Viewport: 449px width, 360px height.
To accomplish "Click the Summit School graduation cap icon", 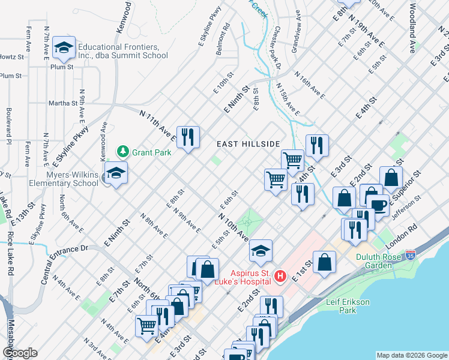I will (63, 47).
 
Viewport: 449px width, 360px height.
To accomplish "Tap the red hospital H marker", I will (279, 276).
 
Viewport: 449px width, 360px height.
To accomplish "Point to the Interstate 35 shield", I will (411, 255).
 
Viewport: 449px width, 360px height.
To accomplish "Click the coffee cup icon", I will (378, 205).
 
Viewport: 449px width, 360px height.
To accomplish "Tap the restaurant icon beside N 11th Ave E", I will (188, 137).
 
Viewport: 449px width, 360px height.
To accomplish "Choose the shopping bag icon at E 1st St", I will (324, 262).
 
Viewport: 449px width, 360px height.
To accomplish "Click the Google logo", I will (20, 353).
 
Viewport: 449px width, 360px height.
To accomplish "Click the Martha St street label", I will (64, 103).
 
